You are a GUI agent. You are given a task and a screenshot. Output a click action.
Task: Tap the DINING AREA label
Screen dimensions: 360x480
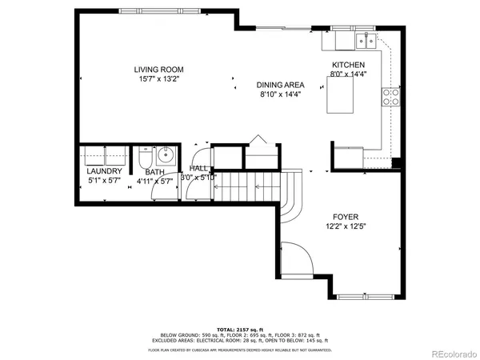click(281, 85)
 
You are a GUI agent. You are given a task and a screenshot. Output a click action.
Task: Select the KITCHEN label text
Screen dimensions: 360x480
click(348, 65)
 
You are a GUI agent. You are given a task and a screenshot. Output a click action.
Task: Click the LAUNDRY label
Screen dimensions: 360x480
click(104, 171)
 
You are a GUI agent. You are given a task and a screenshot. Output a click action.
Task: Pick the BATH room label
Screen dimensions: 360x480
click(154, 171)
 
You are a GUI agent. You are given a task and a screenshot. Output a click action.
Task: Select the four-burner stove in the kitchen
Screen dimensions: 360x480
click(392, 97)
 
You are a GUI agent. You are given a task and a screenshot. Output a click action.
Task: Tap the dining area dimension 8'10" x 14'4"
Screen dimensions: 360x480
click(281, 94)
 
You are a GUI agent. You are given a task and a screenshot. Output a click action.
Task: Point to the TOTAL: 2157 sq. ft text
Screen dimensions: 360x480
click(239, 330)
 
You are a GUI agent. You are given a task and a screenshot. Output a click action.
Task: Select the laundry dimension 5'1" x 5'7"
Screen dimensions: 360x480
click(104, 181)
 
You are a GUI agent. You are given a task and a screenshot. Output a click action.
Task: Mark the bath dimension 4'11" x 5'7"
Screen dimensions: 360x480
click(154, 181)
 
